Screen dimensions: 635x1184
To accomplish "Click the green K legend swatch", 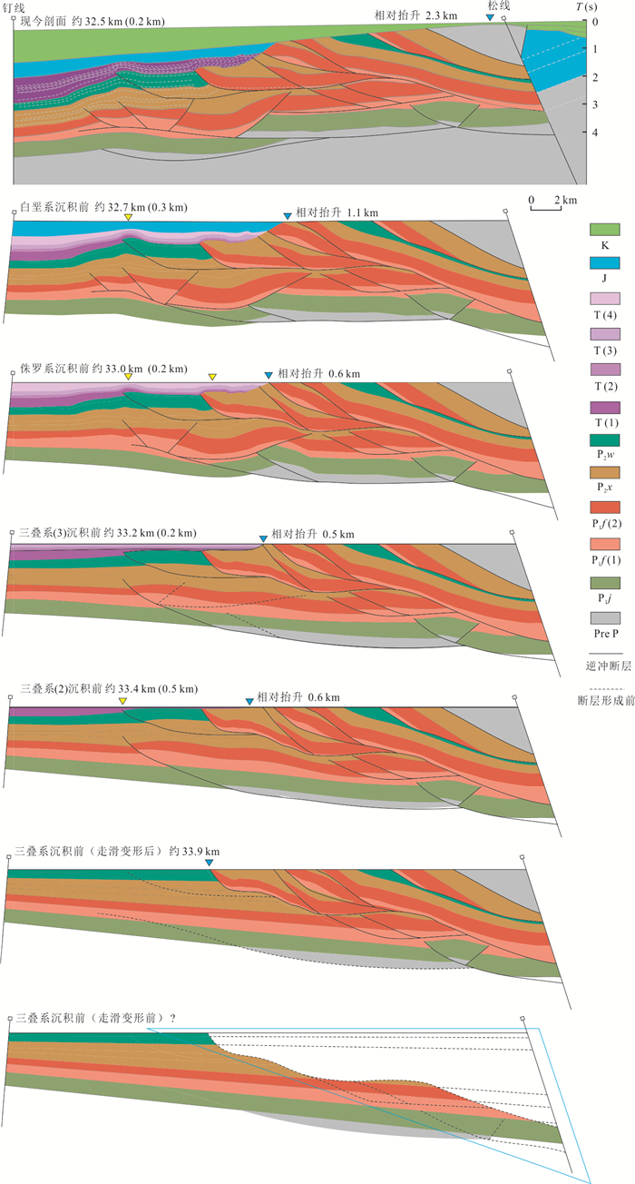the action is [605, 230].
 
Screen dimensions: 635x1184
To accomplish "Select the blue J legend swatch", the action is [605, 262].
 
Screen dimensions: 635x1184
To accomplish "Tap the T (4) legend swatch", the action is [605, 298].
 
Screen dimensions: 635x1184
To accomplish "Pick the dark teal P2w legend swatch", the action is [605, 440].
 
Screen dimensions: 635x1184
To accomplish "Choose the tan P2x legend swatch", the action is [605, 472].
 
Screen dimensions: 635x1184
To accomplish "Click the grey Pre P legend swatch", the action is [605, 618].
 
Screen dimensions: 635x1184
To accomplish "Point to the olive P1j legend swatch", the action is [605, 583].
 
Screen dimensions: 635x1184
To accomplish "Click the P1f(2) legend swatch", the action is [605, 508].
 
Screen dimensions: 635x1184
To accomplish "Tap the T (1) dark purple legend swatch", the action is [605, 408].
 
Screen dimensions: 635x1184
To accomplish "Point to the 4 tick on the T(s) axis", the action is [595, 133].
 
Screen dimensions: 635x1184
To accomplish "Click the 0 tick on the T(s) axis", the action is [595, 22].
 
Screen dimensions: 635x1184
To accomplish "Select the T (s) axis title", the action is [586, 7].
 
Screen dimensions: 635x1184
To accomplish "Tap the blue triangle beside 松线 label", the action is [490, 17].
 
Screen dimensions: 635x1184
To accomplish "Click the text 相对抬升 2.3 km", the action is [415, 15].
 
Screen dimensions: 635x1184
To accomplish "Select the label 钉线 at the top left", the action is [14, 8].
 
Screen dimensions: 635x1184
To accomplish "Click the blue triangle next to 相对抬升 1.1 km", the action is [288, 216].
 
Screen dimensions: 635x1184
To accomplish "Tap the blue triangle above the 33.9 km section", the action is [210, 863].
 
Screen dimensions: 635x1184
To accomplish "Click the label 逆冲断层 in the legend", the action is [608, 666].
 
